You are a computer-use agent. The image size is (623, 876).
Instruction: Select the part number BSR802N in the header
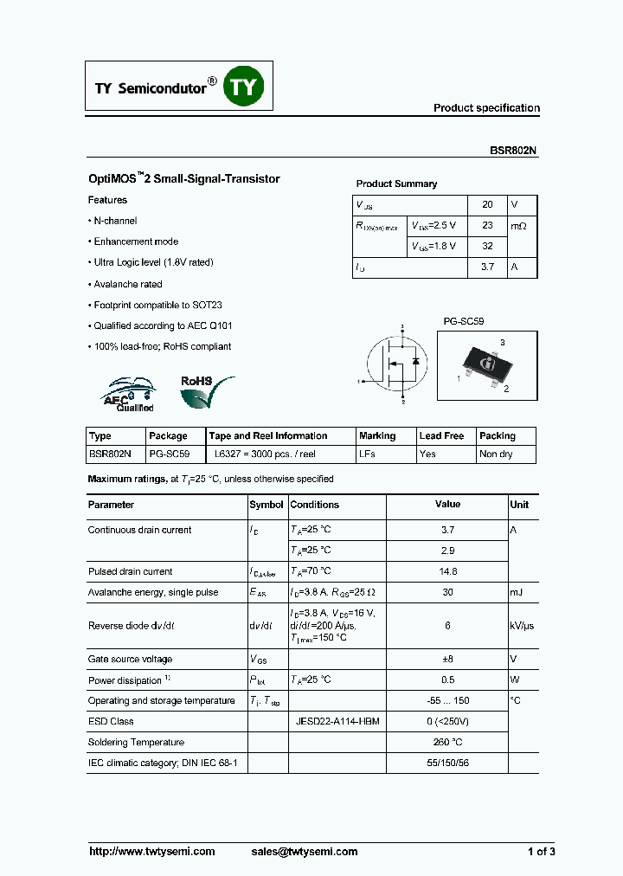tap(513, 149)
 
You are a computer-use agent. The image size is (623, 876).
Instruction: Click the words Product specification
tap(486, 108)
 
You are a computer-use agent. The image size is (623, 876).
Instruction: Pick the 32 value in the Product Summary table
tap(487, 247)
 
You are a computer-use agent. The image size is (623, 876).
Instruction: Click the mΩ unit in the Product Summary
tap(518, 226)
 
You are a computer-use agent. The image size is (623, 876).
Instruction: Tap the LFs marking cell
tap(367, 454)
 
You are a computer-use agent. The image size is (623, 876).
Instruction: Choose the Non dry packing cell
tap(496, 454)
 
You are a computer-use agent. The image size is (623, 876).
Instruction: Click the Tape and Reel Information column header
tap(268, 435)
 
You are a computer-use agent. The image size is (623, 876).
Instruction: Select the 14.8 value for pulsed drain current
tap(447, 571)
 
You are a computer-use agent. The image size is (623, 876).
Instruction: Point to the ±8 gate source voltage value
tap(447, 659)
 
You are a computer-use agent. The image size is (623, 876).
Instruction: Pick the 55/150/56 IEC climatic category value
tap(447, 763)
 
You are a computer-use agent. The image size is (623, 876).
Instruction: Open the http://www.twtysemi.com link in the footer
tap(152, 851)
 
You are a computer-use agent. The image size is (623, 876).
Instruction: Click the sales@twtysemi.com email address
tap(304, 851)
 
